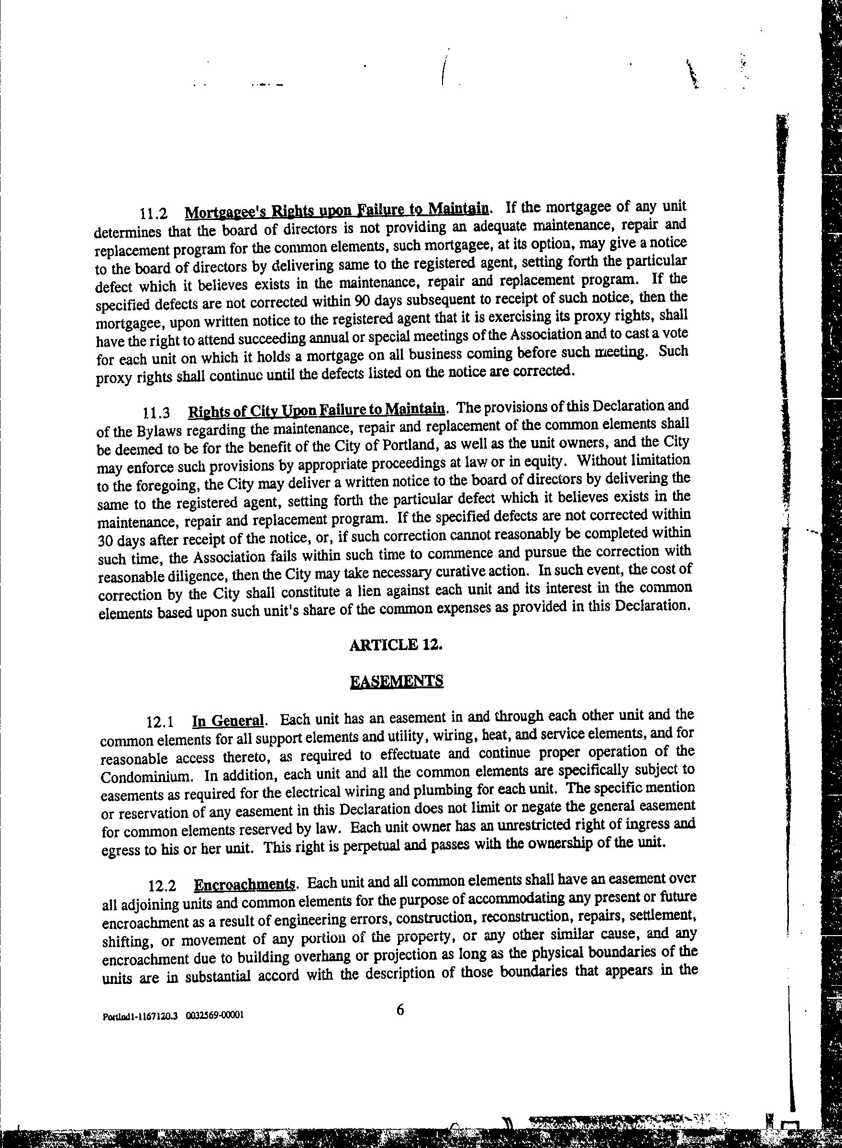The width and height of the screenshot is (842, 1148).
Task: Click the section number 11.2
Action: coord(154,213)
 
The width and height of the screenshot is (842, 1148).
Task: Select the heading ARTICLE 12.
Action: coord(396,645)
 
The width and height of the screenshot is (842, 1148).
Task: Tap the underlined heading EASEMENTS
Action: coord(397,681)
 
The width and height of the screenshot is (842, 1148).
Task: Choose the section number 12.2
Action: coord(162,886)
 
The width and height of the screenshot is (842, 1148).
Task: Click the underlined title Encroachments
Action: coord(244,884)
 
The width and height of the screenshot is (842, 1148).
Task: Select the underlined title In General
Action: coord(228,721)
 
